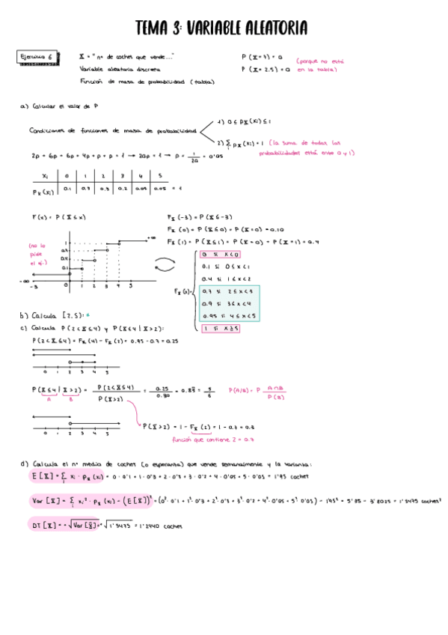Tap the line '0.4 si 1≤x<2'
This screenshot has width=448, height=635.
click(x=224, y=278)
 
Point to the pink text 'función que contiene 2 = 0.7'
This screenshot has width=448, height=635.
click(x=199, y=440)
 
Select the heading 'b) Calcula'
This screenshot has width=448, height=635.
click(x=45, y=315)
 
